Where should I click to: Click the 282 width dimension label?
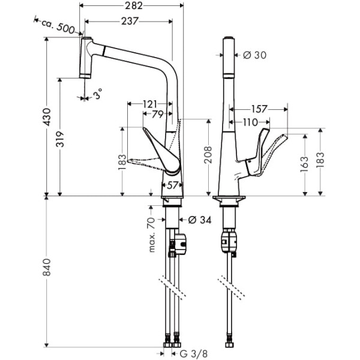click(x=134, y=6)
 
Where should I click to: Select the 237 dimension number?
click(x=130, y=22)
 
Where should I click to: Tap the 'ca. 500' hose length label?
click(x=58, y=26)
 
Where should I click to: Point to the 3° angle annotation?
click(x=98, y=94)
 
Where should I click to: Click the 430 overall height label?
click(x=47, y=117)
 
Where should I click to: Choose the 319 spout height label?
click(x=60, y=139)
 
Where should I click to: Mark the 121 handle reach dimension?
click(x=149, y=104)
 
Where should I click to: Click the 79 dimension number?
click(x=157, y=114)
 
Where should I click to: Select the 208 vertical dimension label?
click(x=208, y=155)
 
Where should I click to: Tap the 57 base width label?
click(x=172, y=185)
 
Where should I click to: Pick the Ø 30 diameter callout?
click(x=254, y=55)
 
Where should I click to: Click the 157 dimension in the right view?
click(x=259, y=109)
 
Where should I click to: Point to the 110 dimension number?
click(x=250, y=122)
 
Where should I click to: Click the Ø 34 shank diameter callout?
click(x=200, y=220)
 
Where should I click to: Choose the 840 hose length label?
click(x=47, y=267)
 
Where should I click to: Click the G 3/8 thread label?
click(x=194, y=354)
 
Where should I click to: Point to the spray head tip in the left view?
click(x=85, y=76)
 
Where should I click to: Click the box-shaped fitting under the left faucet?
click(x=181, y=244)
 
